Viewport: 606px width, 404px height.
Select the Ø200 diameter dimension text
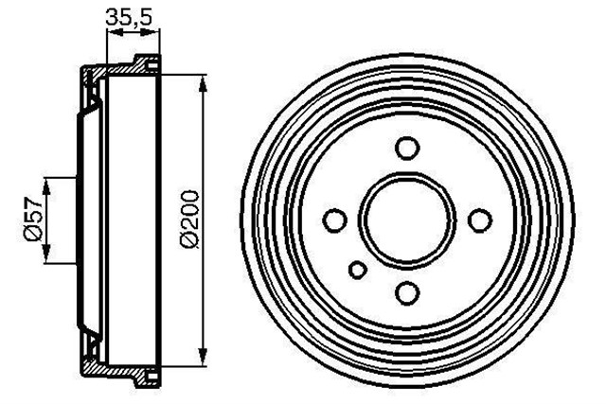(x=188, y=220)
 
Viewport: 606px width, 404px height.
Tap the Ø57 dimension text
(x=30, y=220)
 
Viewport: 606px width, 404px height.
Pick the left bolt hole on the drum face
(x=333, y=220)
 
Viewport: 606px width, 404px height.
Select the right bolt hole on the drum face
(x=481, y=220)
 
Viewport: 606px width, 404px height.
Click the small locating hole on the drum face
(x=357, y=271)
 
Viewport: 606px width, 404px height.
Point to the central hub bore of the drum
(x=407, y=220)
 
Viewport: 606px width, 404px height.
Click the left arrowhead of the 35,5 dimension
(x=111, y=33)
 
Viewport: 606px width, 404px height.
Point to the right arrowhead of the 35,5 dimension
(x=155, y=33)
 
